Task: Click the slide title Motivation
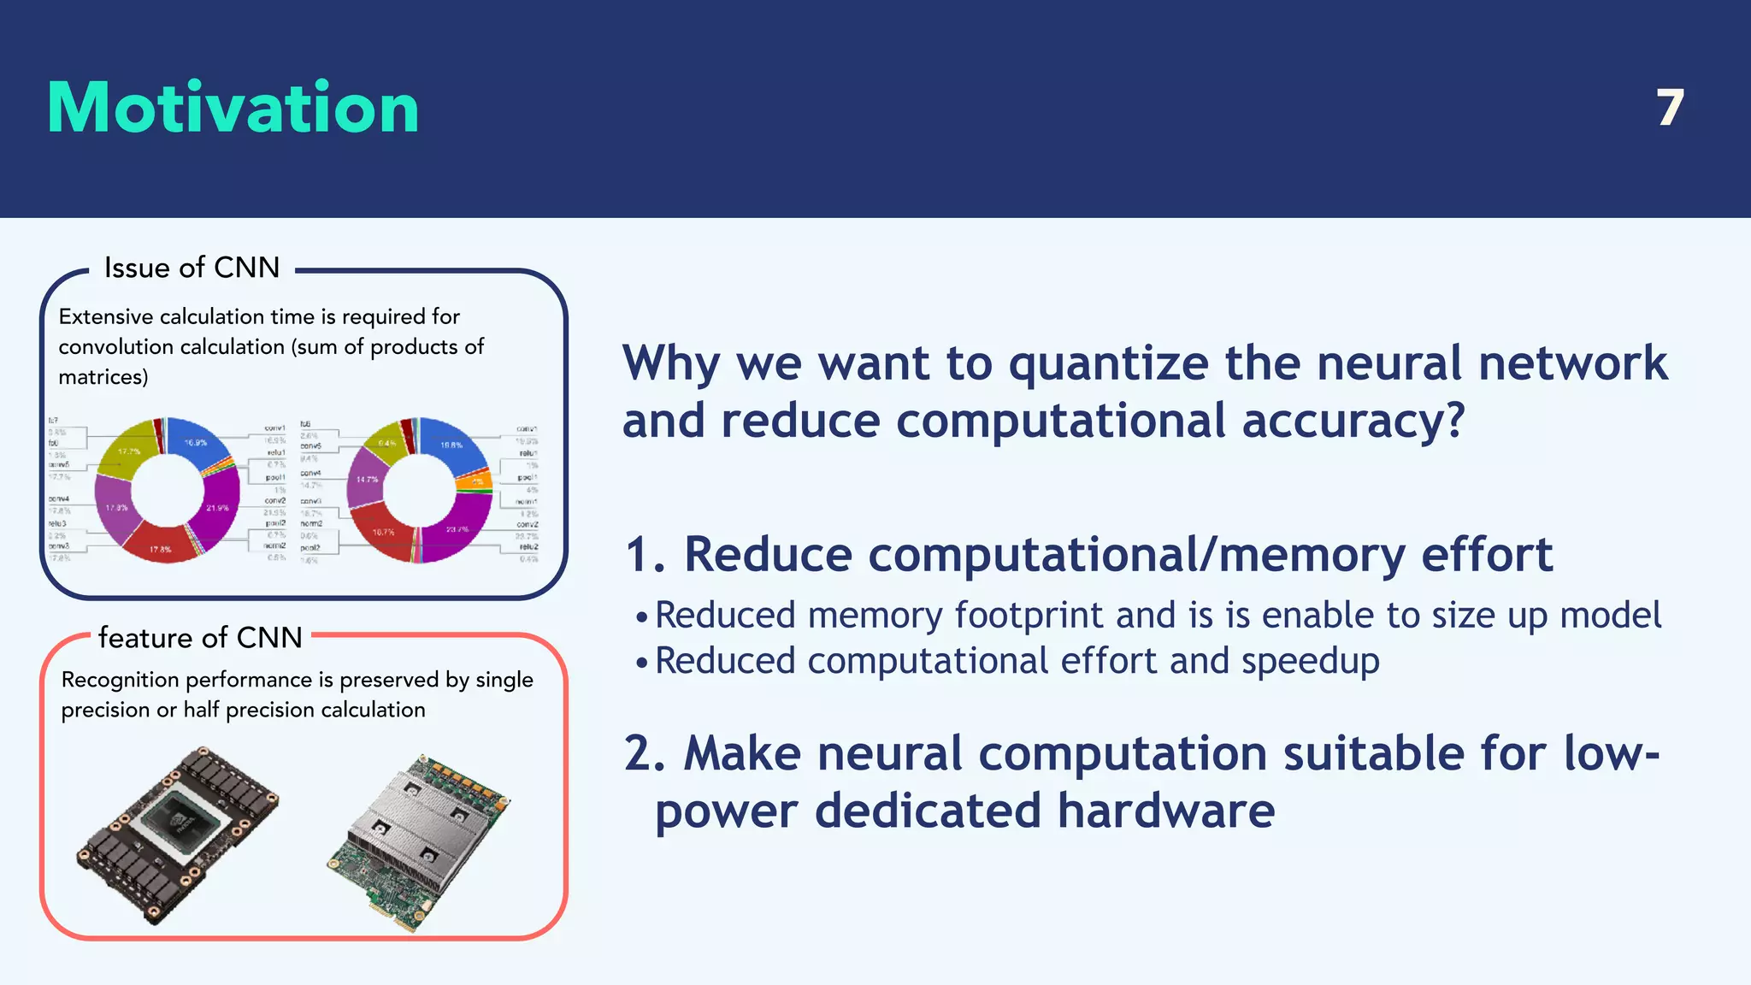point(233,108)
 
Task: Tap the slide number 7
point(1669,109)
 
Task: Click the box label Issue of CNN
point(192,268)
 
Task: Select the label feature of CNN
point(200,638)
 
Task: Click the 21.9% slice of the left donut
point(219,508)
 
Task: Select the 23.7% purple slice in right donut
point(458,529)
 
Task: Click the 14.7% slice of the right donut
point(366,480)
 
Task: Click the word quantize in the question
point(1108,364)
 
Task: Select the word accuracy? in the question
point(1353,422)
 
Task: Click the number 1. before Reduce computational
point(646,556)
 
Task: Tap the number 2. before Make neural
point(646,754)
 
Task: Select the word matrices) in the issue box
point(103,377)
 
